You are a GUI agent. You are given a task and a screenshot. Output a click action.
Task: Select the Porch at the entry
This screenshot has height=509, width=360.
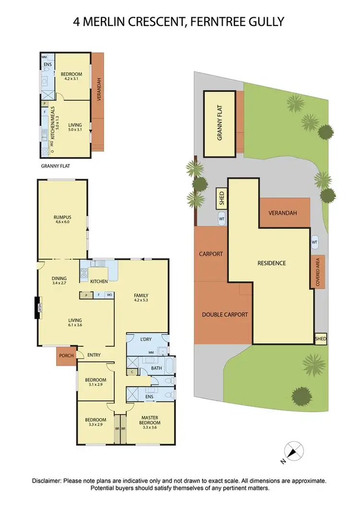65,356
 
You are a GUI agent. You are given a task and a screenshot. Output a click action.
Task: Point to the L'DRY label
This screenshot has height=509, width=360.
146,339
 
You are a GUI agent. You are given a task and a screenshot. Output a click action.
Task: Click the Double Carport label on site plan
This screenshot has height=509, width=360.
225,315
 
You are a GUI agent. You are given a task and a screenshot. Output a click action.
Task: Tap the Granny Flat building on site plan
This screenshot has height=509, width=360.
220,123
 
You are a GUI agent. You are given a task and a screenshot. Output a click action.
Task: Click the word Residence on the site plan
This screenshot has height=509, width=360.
271,263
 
